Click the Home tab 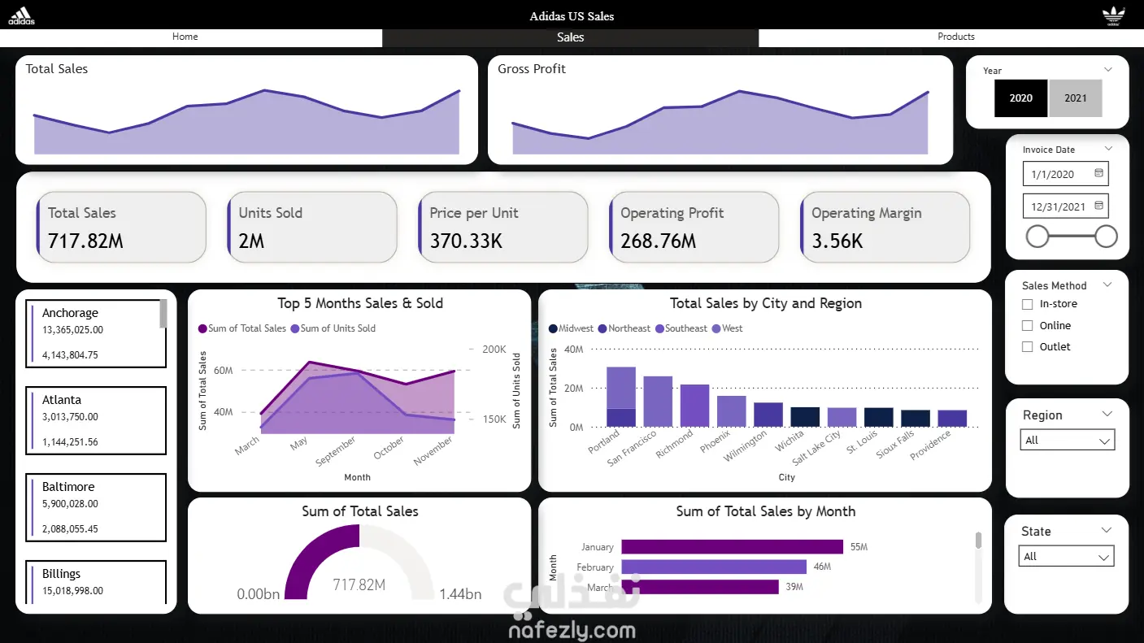pos(185,37)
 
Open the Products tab pos(955,37)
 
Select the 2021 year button pos(1075,98)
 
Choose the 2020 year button pos(1020,98)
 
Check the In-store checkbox pos(1028,304)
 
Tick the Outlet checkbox pos(1028,347)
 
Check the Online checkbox pos(1028,326)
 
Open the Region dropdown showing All pos(1067,441)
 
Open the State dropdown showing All pos(1066,557)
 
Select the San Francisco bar pos(658,402)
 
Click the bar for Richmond pos(694,406)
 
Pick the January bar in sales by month pos(732,547)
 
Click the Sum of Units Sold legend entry pos(337,328)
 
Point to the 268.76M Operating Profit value pos(659,241)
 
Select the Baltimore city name pos(68,487)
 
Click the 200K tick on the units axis pos(494,350)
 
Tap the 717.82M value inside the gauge pos(359,585)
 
